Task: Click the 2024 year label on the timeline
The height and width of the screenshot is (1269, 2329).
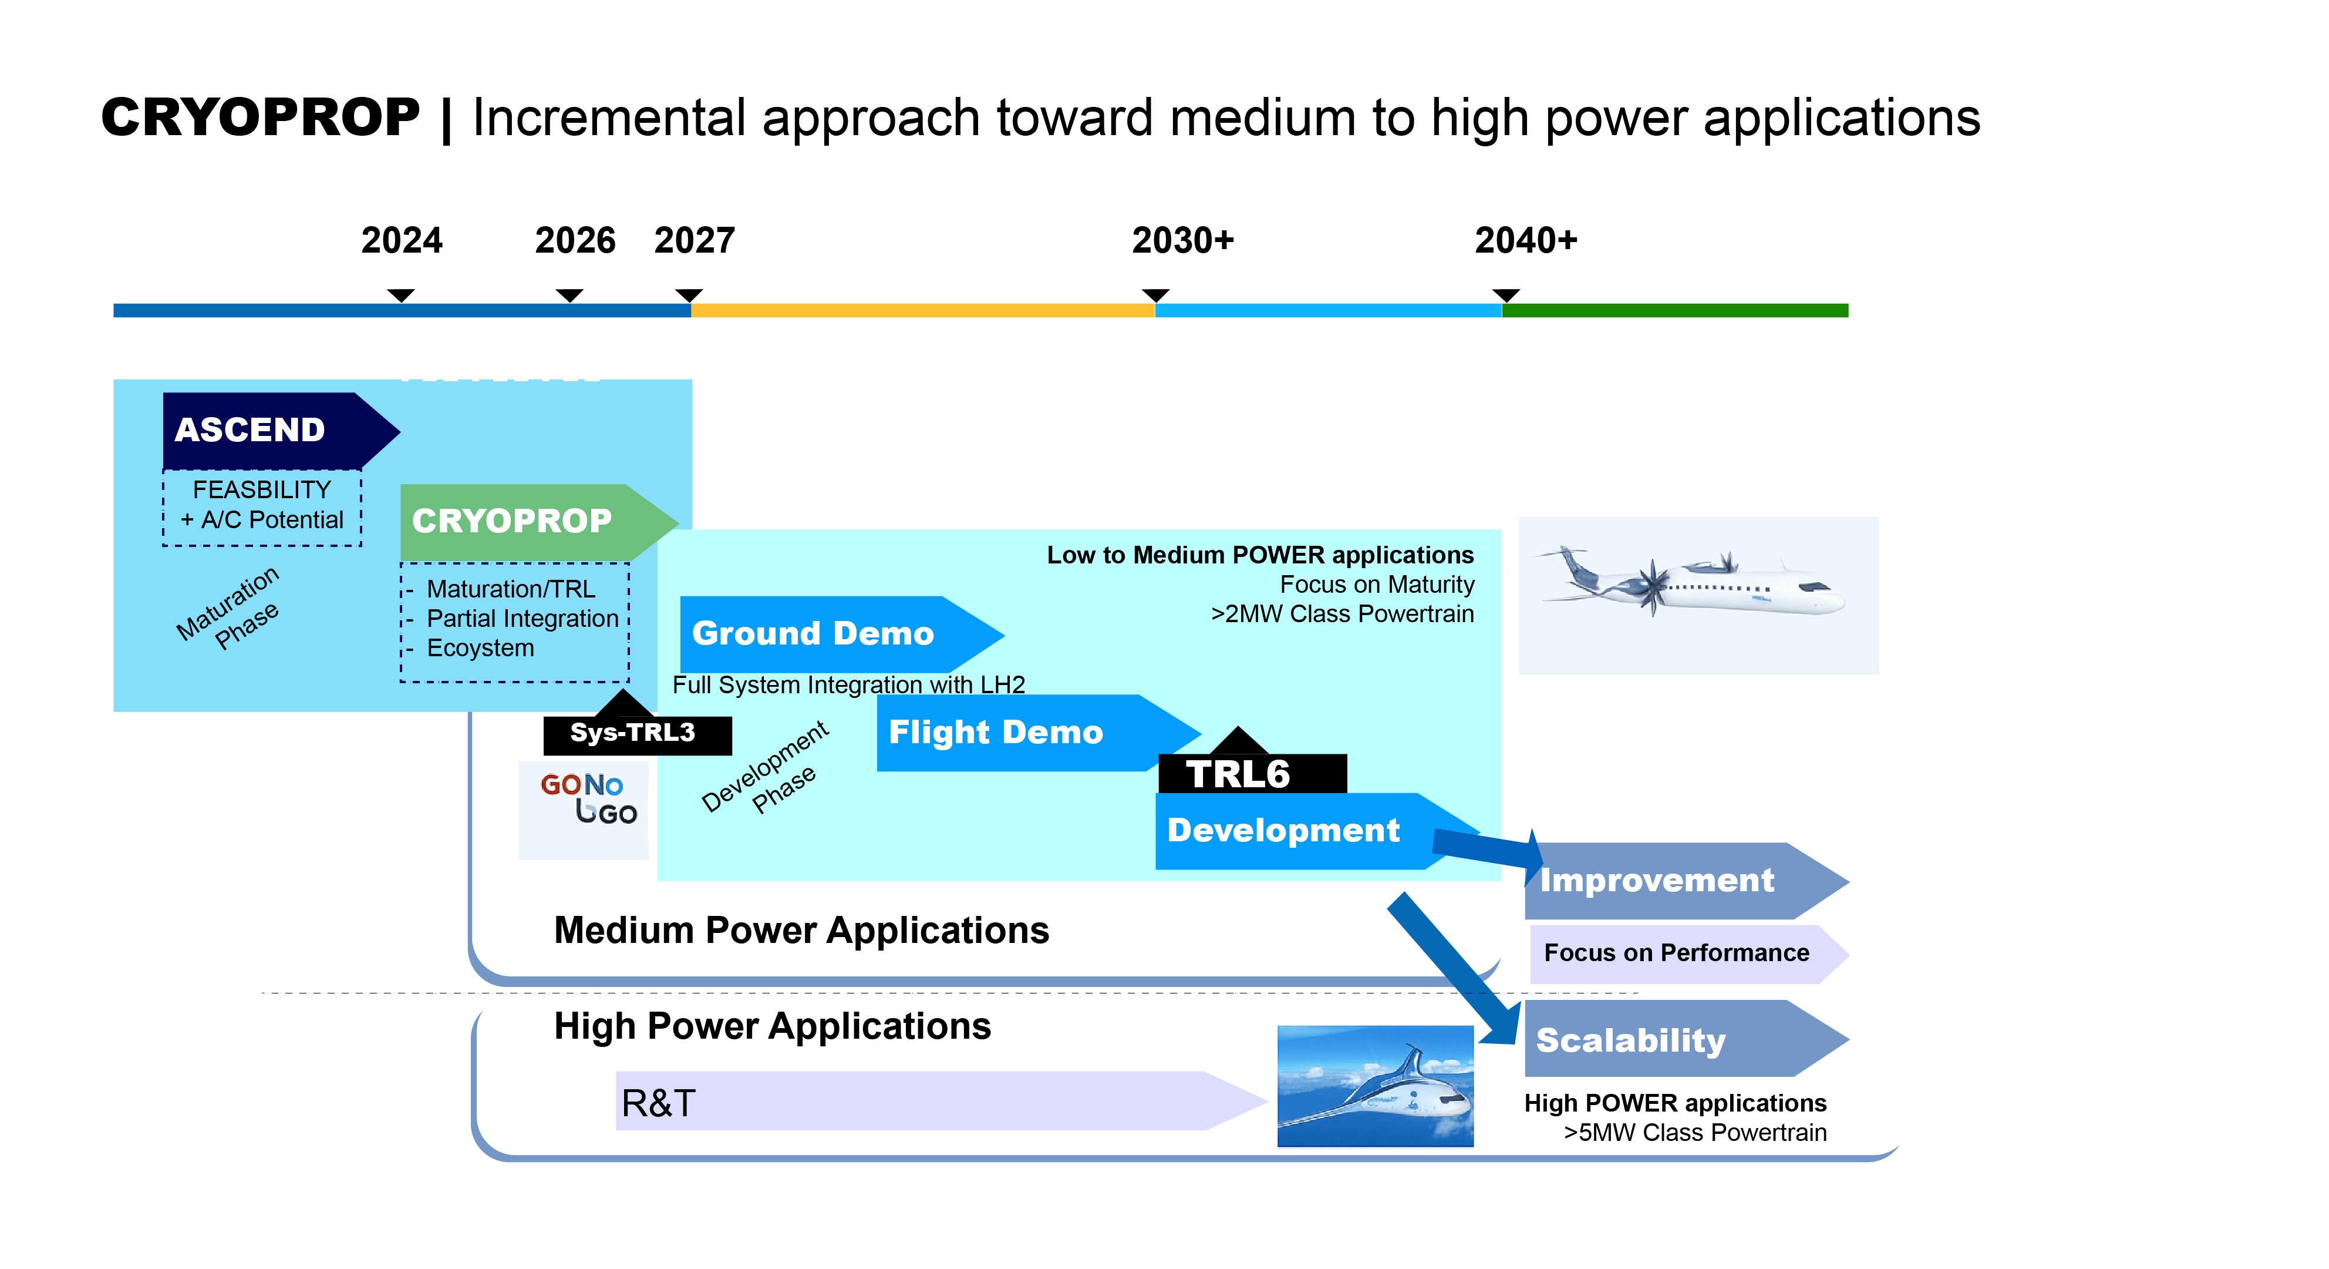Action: (x=402, y=241)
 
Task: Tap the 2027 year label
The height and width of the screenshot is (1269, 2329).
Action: (x=695, y=241)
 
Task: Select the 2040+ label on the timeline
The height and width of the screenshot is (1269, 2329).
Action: (x=1525, y=241)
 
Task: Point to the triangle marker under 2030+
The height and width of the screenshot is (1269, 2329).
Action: (x=1155, y=295)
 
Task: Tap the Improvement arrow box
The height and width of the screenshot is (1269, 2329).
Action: (x=1673, y=880)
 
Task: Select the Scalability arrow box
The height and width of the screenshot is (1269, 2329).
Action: (x=1673, y=1039)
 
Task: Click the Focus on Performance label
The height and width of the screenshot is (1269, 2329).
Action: (x=1677, y=952)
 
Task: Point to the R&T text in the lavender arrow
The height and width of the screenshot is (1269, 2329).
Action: (x=658, y=1103)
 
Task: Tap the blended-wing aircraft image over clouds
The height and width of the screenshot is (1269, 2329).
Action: (x=1374, y=1085)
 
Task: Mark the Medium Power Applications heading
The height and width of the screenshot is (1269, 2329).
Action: (x=801, y=930)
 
